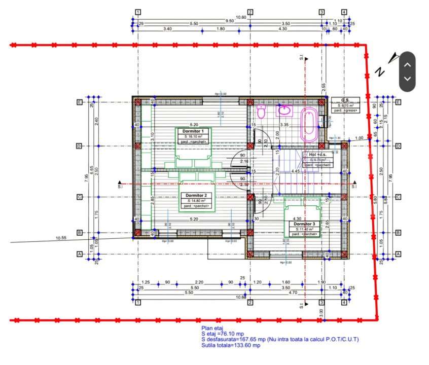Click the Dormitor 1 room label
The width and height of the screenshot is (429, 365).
pyautogui.click(x=193, y=131)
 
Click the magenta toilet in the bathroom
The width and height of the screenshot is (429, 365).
pyautogui.click(x=262, y=112)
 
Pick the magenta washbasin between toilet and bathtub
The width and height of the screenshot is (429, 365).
pyautogui.click(x=284, y=111)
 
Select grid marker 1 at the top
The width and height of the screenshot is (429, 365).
pyautogui.click(x=138, y=12)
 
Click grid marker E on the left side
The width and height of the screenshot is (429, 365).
pyautogui.click(x=79, y=102)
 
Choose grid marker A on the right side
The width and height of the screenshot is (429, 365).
pyautogui.click(x=398, y=254)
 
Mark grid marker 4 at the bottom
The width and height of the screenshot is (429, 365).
pyautogui.click(x=344, y=303)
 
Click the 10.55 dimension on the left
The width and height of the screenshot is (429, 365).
pyautogui.click(x=61, y=237)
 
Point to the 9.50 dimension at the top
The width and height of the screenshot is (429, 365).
pyautogui.click(x=230, y=21)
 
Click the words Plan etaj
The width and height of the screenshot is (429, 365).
pyautogui.click(x=212, y=328)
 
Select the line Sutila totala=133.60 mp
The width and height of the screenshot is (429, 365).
pyautogui.click(x=231, y=346)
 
